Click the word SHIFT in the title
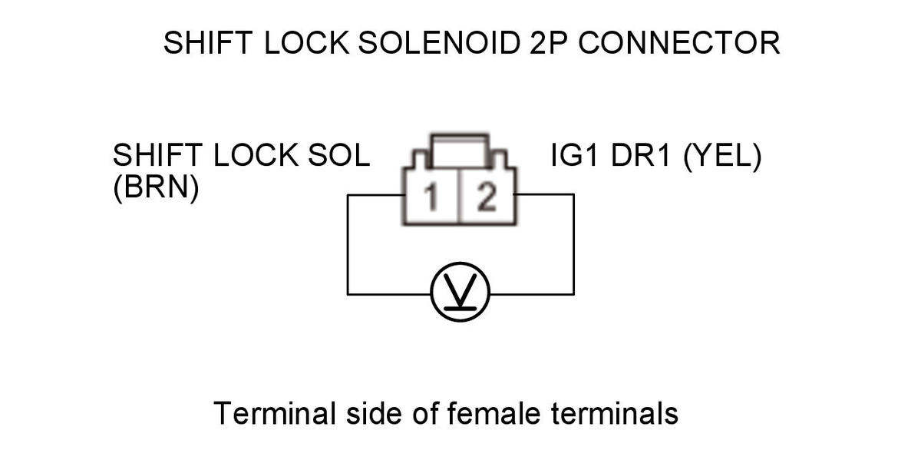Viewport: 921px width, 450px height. [208, 42]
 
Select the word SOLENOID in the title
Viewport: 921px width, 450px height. [440, 42]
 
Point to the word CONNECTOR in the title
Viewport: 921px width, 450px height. [679, 42]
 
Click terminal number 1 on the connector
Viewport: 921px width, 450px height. [431, 197]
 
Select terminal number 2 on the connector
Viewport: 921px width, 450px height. [487, 197]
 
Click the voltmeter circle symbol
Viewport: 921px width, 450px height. [460, 292]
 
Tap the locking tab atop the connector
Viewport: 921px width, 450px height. [459, 151]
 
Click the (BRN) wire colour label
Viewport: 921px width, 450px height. [157, 187]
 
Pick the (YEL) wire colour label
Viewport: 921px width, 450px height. [722, 155]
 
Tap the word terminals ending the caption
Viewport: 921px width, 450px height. [615, 413]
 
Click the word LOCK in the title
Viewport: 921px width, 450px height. [307, 42]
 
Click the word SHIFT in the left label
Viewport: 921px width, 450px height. [157, 155]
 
